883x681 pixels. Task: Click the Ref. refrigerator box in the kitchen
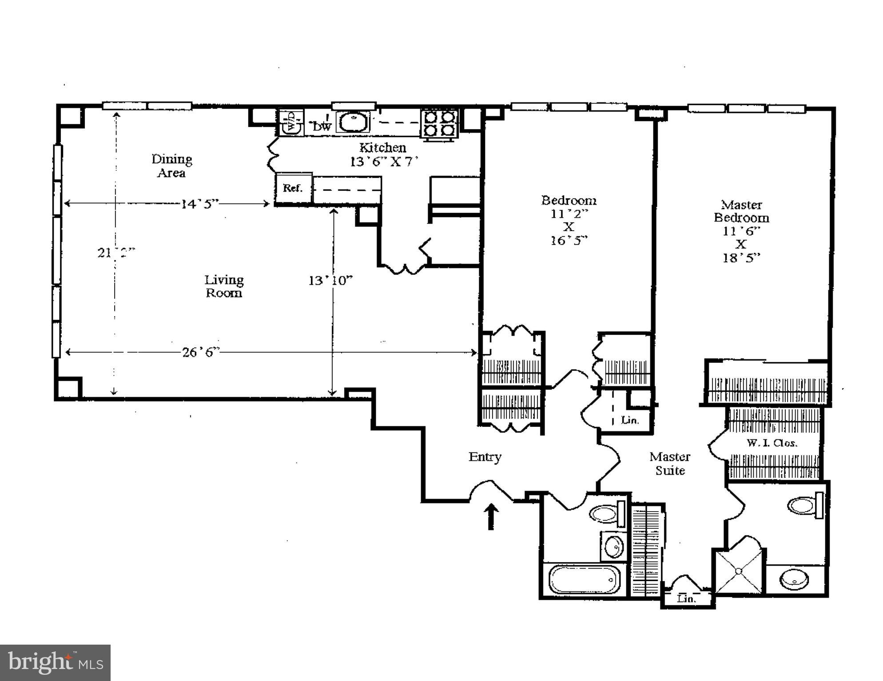click(293, 188)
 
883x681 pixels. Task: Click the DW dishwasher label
click(322, 126)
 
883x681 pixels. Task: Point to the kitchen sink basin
click(353, 122)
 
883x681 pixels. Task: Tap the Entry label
click(485, 457)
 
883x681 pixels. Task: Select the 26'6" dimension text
click(201, 352)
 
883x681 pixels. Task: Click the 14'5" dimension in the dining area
click(200, 204)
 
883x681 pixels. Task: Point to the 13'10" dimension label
click(330, 280)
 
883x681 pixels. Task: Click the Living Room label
click(224, 286)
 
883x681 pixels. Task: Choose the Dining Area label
click(171, 166)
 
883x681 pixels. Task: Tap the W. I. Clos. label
click(772, 443)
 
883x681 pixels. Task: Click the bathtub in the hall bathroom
click(584, 580)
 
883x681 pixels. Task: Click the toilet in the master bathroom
click(805, 505)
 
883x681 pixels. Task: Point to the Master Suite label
click(670, 463)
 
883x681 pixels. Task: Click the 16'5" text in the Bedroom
click(569, 240)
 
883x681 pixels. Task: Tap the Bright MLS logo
click(55, 662)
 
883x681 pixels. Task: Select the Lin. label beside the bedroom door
click(630, 420)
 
